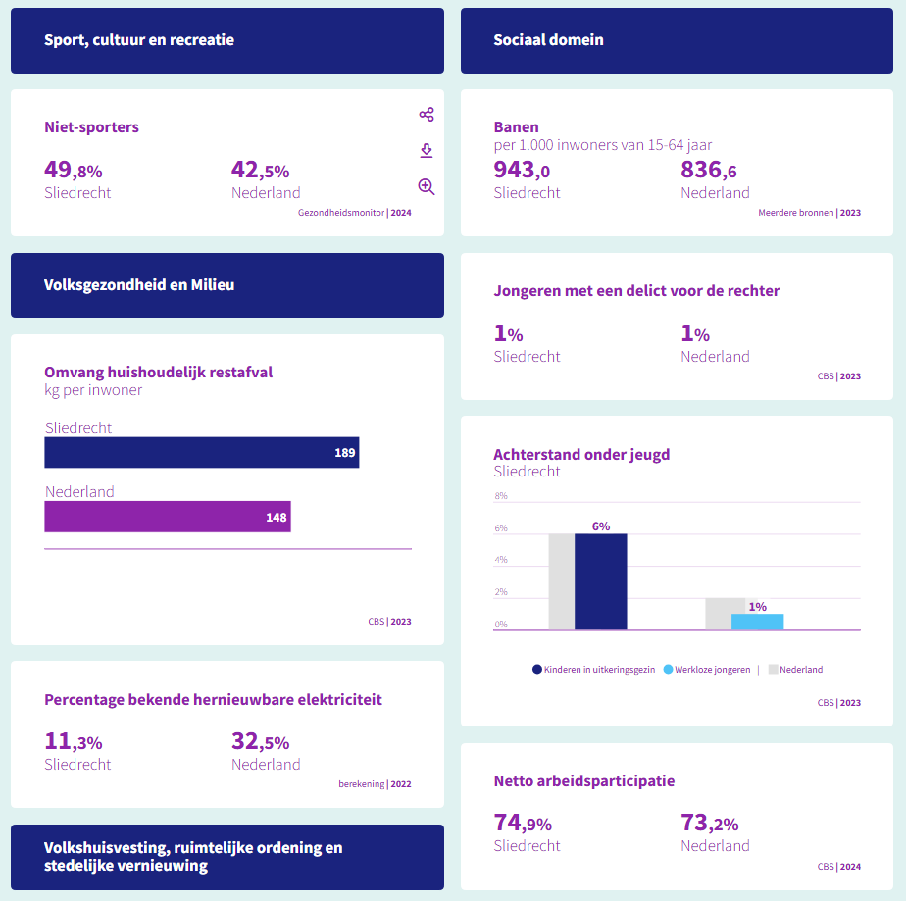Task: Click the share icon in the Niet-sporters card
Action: [427, 115]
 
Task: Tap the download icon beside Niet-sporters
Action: [427, 150]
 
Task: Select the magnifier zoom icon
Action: [427, 186]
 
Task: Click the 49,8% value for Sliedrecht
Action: [74, 171]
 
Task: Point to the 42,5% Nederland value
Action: [261, 171]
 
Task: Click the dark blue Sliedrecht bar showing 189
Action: [201, 453]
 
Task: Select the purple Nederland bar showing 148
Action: [167, 517]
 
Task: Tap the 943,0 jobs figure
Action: [522, 171]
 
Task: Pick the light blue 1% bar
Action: [757, 622]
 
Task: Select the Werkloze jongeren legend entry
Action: [707, 670]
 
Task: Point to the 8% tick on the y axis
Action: [501, 496]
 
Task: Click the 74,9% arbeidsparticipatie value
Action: [523, 824]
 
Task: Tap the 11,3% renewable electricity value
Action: [74, 742]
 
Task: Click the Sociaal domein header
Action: [548, 40]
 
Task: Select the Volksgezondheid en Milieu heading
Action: [139, 285]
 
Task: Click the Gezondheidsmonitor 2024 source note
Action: [354, 212]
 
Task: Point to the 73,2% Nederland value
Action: [710, 824]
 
